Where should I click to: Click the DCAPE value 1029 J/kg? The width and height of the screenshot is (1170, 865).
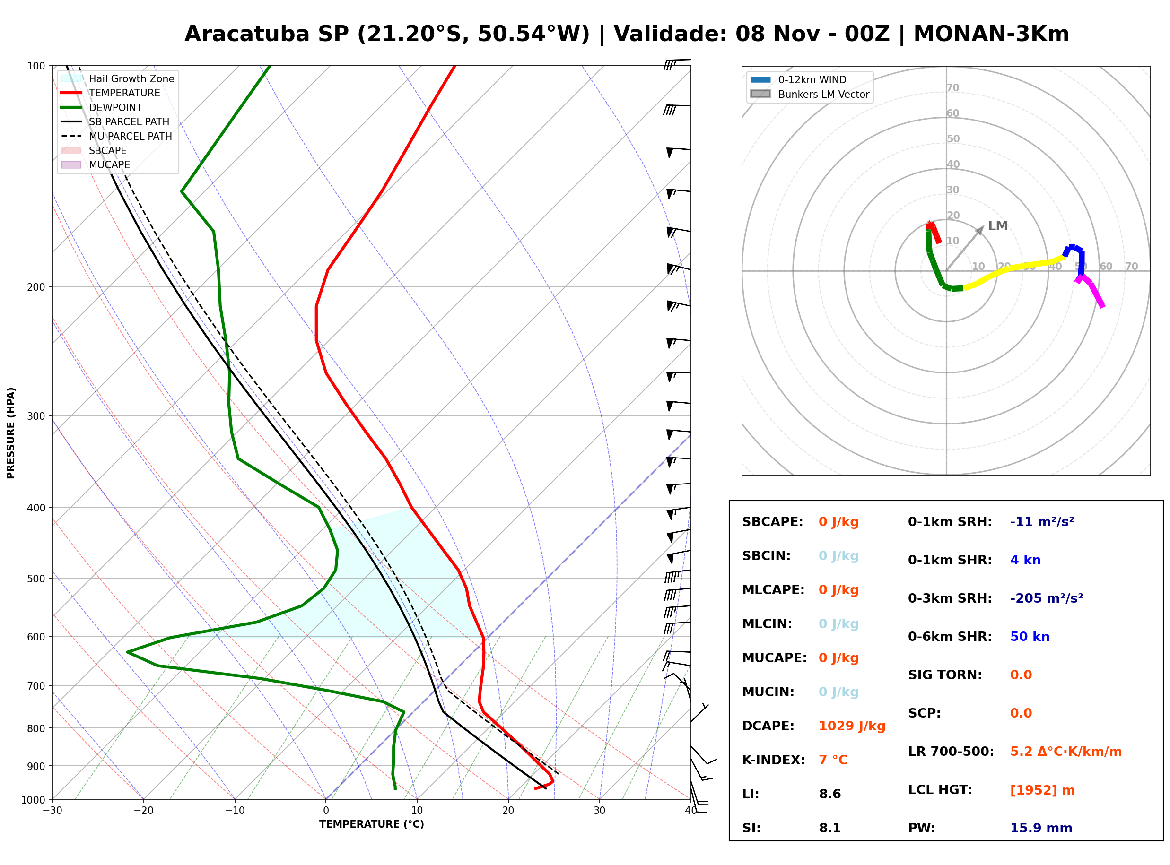(852, 726)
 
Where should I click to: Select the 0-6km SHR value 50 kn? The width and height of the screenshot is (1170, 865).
(1030, 637)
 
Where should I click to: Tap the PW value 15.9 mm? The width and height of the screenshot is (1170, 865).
(1041, 828)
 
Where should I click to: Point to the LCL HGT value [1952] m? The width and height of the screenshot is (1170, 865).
(1042, 790)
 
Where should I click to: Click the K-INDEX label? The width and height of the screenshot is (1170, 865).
(774, 760)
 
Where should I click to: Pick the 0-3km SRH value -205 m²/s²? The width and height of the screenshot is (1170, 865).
(1047, 598)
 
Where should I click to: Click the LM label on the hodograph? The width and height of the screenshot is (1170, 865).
(998, 225)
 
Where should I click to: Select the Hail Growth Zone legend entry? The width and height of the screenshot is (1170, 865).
(118, 78)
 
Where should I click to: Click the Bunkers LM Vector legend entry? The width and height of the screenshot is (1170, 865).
(810, 94)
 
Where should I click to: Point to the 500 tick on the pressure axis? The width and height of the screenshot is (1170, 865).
(37, 579)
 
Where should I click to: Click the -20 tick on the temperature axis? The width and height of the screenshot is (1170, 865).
(143, 811)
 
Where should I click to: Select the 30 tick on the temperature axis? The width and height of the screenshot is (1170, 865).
(600, 811)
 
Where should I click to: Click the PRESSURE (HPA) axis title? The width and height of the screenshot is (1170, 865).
(11, 433)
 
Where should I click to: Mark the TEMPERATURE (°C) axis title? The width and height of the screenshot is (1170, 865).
(372, 825)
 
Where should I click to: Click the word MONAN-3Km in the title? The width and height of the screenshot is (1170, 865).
(991, 34)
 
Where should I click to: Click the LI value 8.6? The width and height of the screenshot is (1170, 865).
(830, 794)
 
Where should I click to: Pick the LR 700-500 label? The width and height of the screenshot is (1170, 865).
(951, 752)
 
